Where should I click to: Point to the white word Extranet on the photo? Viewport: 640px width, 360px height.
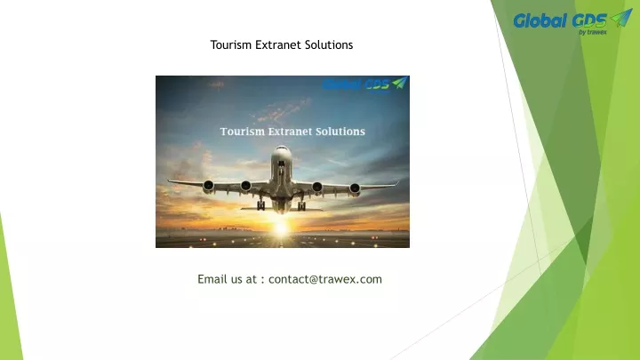[x=290, y=132]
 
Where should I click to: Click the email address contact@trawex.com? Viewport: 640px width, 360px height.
[x=325, y=279]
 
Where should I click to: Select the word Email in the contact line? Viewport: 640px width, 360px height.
[x=212, y=279]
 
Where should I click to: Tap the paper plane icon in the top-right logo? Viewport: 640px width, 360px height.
[x=621, y=18]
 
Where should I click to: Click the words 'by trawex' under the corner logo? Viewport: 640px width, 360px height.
[x=593, y=32]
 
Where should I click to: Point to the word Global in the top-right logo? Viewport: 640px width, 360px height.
[x=540, y=20]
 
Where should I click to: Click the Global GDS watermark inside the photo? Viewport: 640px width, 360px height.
[x=364, y=84]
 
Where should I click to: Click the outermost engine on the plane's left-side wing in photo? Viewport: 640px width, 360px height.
[x=209, y=186]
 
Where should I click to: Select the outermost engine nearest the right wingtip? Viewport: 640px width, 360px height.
[x=355, y=188]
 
